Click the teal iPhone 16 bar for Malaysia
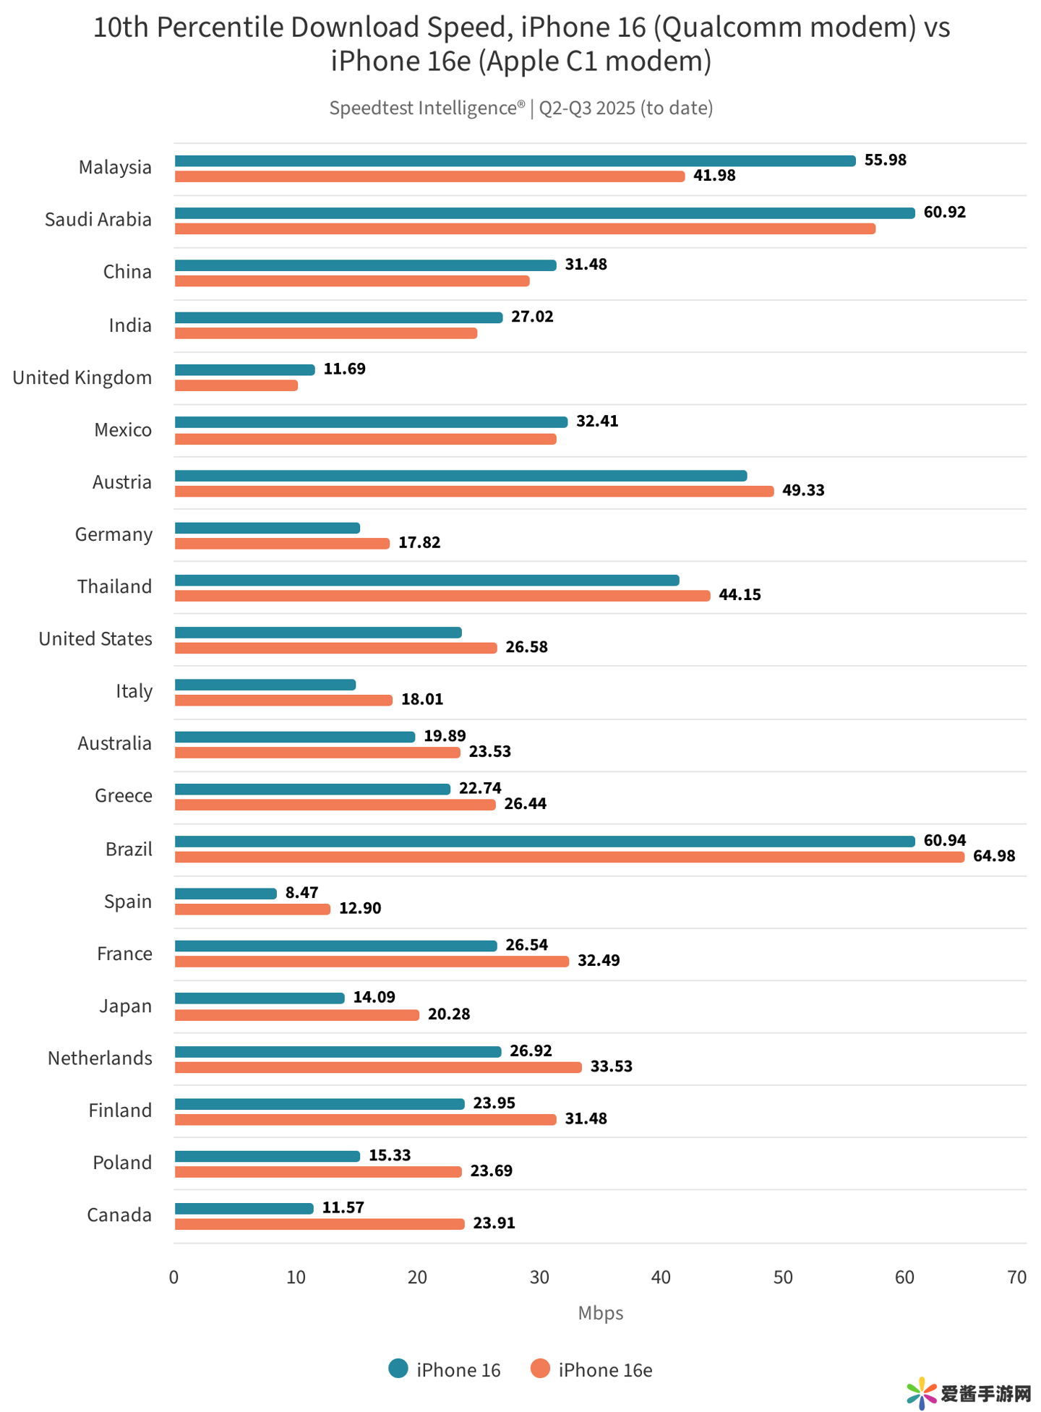515,161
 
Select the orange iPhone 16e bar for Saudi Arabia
525,228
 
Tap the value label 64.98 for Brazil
993,856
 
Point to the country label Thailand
114,586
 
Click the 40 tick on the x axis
661,1278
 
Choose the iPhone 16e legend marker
540,1369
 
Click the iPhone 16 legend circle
398,1369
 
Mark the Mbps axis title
600,1313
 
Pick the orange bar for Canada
320,1223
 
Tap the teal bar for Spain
226,894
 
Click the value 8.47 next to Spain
301,892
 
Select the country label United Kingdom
82,377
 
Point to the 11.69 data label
344,369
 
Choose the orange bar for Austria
474,491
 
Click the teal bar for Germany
267,528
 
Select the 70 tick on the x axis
1016,1278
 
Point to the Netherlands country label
100,1058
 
